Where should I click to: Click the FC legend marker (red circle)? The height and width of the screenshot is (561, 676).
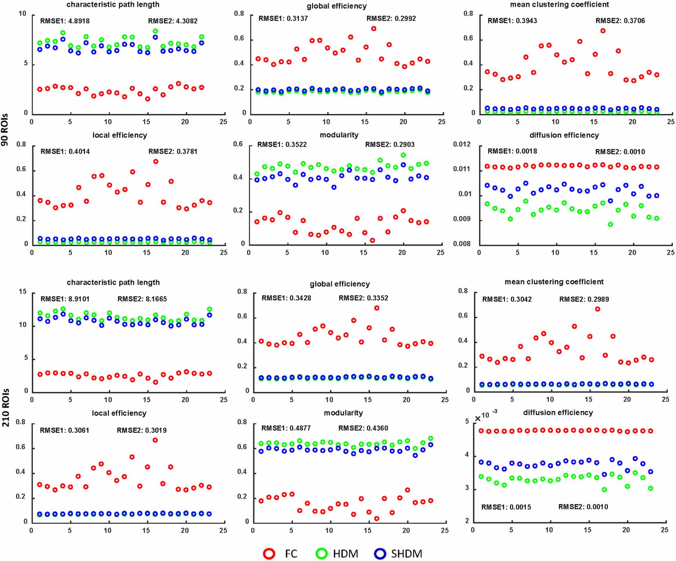point(269,554)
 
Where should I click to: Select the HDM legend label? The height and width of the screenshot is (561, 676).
point(345,554)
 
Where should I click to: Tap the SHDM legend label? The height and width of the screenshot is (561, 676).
point(406,554)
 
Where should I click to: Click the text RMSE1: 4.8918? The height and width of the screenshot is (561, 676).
point(65,21)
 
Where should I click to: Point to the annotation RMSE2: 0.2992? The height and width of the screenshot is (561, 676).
point(391,18)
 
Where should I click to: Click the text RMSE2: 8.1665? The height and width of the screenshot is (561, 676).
point(142,299)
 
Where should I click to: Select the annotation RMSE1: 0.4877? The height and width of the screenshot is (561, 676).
point(286,428)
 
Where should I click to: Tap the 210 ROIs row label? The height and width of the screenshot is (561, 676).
point(5,407)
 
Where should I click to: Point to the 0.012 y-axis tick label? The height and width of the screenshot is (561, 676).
point(462,144)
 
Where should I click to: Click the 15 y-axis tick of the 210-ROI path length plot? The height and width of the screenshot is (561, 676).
point(23,292)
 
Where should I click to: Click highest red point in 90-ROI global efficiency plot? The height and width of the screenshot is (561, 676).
point(373,29)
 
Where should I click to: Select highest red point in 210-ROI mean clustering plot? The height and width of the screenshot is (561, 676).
point(597,309)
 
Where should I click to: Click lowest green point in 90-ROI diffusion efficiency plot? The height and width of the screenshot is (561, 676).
point(610,224)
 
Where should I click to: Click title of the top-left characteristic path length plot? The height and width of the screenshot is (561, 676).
point(113,5)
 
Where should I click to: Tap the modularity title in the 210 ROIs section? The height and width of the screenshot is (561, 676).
point(343,412)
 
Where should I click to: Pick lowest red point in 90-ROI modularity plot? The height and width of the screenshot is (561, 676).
point(372,240)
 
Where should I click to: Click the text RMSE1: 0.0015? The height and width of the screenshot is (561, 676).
point(506,507)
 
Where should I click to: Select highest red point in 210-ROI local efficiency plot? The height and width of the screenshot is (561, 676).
point(155,440)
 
